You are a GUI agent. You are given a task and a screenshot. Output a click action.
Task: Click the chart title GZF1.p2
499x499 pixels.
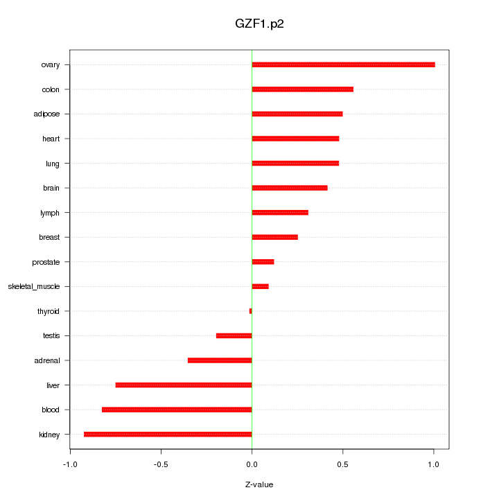coord(259,24)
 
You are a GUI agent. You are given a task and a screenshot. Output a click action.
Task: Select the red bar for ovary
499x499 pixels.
coord(343,64)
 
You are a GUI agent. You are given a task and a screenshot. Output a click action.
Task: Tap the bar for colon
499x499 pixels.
coord(302,89)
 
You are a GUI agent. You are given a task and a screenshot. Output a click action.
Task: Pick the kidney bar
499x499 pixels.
coord(168,435)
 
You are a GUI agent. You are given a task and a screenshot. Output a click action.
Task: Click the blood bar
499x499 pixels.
coord(177,410)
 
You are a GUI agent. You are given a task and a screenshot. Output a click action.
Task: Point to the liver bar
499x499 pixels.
coord(184,385)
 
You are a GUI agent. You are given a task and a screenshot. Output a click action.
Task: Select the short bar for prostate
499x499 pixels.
coord(263,262)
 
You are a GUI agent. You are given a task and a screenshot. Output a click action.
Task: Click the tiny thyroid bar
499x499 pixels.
coord(250,311)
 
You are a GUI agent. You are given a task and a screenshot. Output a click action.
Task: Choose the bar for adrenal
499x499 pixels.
coord(220,360)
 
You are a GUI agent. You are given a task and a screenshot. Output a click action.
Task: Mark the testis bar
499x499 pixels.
coord(234,335)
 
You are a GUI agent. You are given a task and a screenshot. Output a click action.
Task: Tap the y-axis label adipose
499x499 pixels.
coord(46,114)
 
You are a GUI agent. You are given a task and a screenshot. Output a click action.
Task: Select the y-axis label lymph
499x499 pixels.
coord(50,213)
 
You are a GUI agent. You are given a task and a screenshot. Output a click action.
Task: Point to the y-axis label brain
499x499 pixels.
coord(51,188)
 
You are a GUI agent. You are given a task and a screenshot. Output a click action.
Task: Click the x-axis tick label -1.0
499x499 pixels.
coord(69,464)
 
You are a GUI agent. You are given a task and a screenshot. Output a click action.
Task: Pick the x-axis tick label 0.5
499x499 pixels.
coord(342,464)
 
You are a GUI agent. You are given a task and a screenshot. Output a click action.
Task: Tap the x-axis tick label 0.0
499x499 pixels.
coord(252,464)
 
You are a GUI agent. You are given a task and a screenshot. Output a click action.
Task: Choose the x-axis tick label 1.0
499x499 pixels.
coord(433,464)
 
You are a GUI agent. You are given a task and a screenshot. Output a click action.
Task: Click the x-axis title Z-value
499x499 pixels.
coord(259,484)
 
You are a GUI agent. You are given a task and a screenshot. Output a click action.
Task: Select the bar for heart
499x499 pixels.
coord(295,139)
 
